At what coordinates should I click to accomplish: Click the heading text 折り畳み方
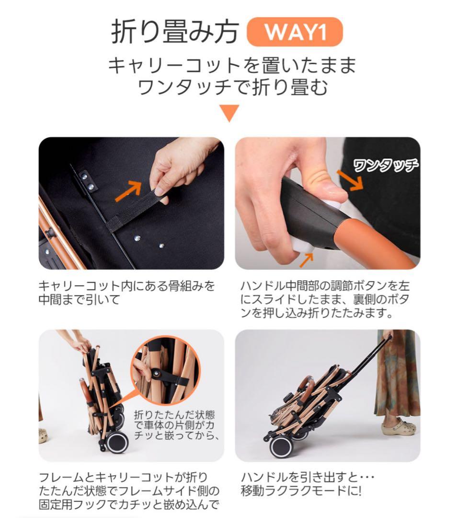(174, 32)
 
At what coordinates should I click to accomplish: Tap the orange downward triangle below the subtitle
(229, 113)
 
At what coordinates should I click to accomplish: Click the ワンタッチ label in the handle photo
(385, 166)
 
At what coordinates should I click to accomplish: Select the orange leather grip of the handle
(369, 245)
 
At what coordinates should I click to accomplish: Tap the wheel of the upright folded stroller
(116, 442)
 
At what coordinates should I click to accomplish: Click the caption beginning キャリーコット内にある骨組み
(126, 293)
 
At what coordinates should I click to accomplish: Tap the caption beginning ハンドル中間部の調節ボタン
(325, 300)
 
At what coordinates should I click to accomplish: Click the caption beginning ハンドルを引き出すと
(307, 484)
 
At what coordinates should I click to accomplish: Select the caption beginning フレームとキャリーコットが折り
(129, 491)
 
